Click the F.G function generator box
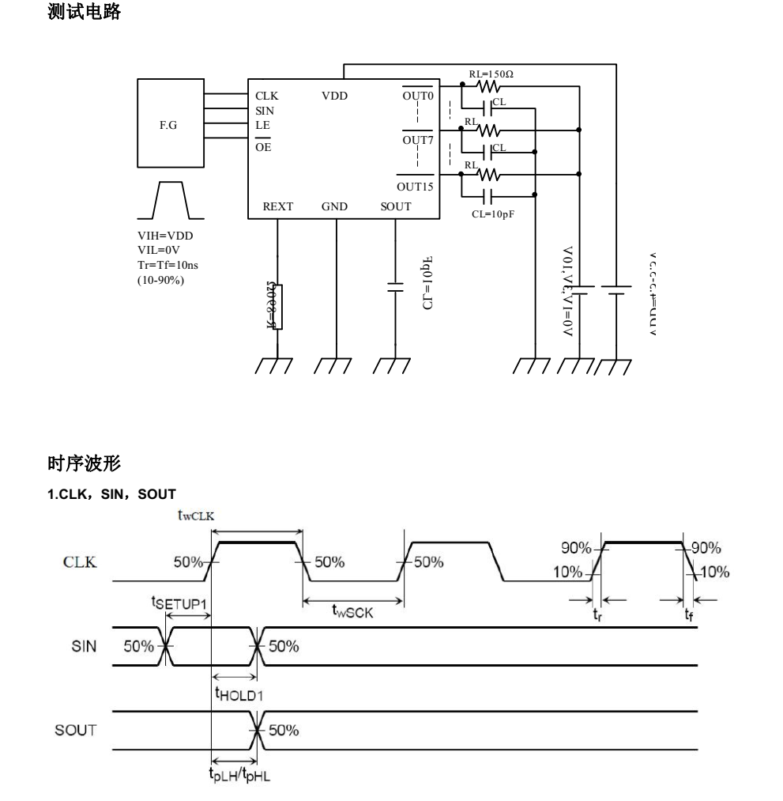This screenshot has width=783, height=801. click(x=170, y=124)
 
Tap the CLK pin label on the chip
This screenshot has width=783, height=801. click(x=266, y=96)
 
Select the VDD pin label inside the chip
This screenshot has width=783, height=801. click(x=334, y=96)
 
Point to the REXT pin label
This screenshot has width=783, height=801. click(x=277, y=206)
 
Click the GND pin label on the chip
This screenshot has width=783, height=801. click(x=334, y=206)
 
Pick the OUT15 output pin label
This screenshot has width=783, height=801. click(x=415, y=187)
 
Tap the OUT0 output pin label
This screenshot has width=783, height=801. click(x=418, y=96)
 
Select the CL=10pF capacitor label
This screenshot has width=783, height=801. click(x=491, y=213)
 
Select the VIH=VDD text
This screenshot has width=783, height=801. click(x=164, y=235)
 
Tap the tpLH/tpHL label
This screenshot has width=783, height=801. click(x=239, y=774)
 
